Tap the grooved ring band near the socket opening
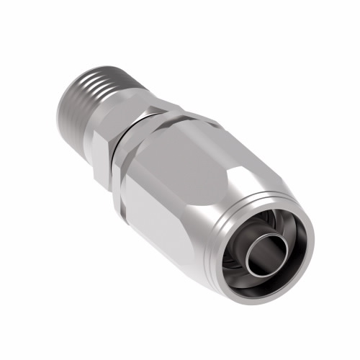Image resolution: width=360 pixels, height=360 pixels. [238, 209]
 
